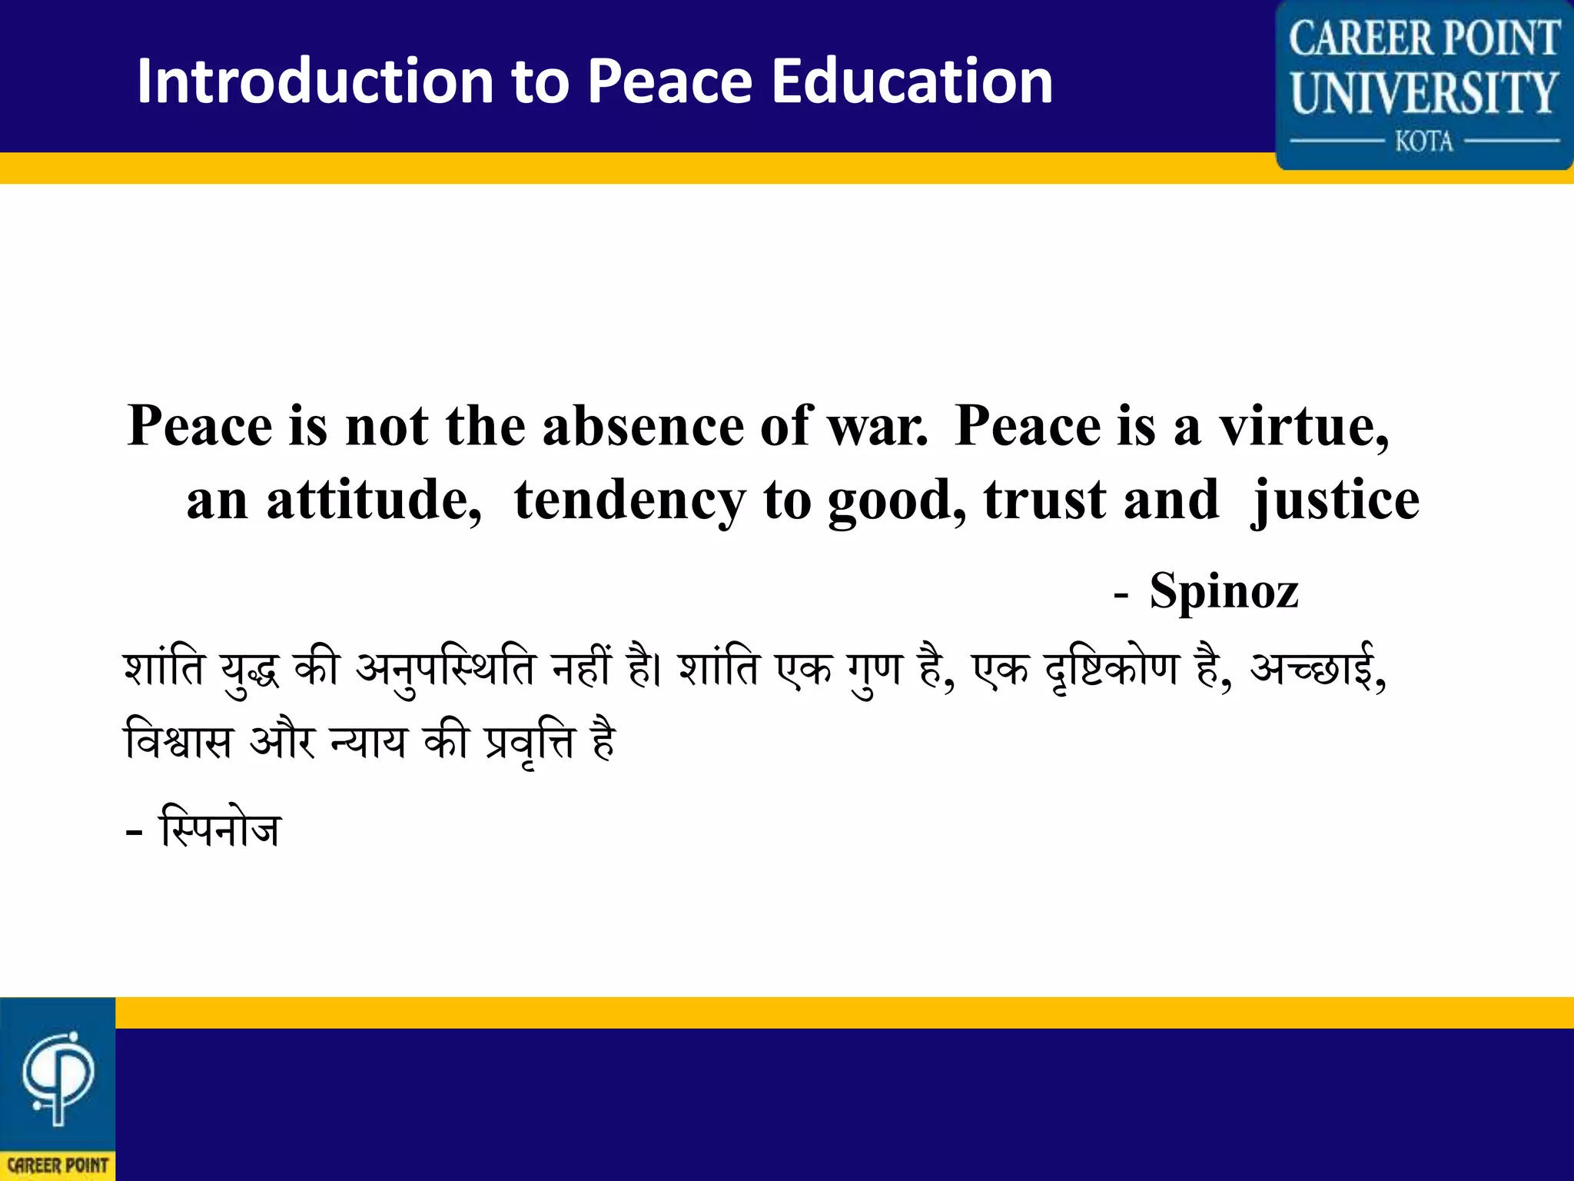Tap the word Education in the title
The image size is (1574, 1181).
(912, 81)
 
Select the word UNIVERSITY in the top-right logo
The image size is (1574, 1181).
(1424, 93)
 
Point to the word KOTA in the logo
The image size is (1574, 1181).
(1424, 141)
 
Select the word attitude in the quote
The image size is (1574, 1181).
(374, 500)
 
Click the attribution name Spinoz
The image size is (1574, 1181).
(1224, 591)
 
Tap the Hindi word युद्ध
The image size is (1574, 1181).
(250, 670)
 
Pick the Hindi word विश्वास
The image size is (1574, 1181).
(178, 742)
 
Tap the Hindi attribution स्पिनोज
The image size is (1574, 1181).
(220, 829)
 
